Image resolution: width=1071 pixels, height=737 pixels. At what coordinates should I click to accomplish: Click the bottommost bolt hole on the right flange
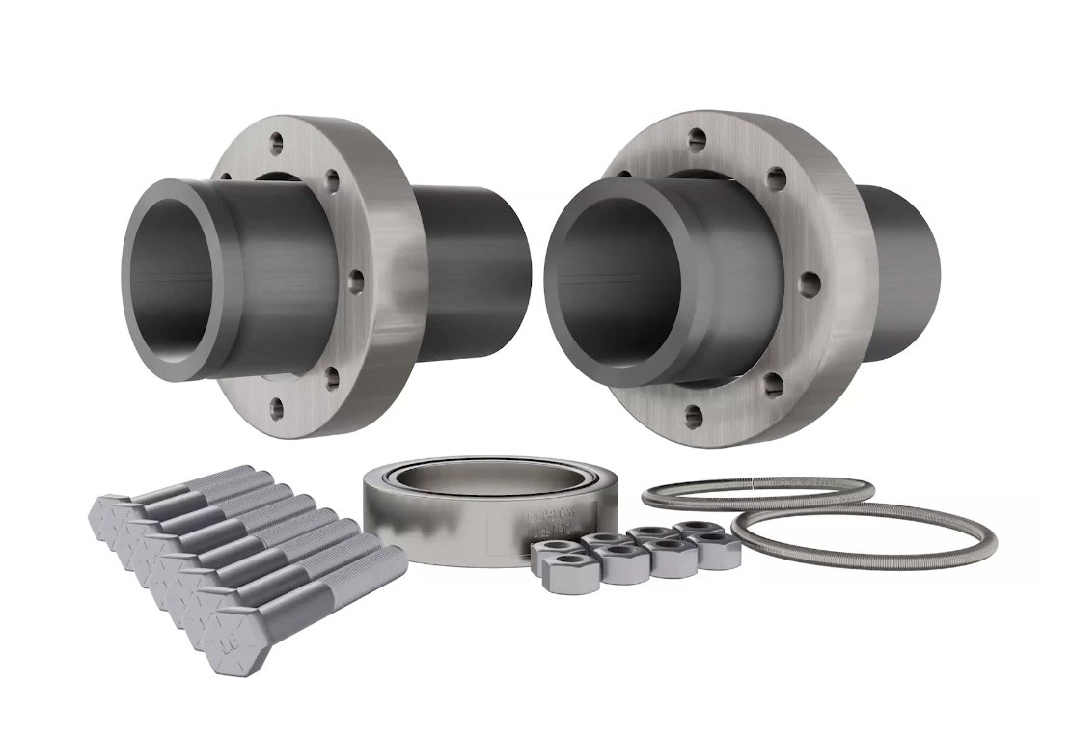point(694,417)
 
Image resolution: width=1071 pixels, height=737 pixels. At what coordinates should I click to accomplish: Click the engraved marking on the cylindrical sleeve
point(549,521)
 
